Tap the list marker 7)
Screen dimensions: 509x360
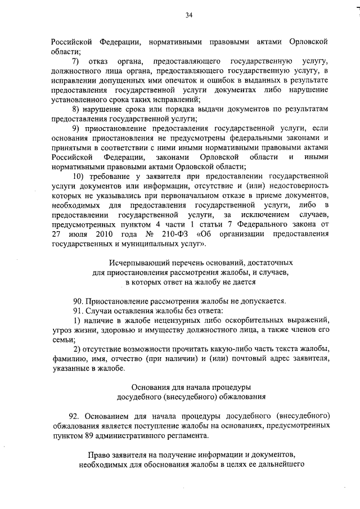pyautogui.click(x=76, y=60)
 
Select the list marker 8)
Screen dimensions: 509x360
pyautogui.click(x=76, y=109)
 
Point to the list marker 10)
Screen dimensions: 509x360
pyautogui.click(x=79, y=176)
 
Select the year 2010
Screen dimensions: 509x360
pyautogui.click(x=104, y=235)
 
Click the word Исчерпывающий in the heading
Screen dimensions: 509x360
pyautogui.click(x=138, y=263)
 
